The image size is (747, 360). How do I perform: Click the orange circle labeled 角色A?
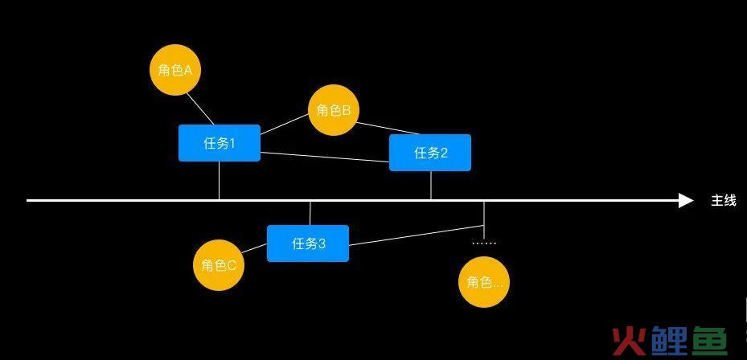175,70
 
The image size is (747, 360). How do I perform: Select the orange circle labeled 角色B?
334,110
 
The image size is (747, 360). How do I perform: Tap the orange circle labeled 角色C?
219,265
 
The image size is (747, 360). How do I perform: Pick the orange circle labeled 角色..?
484,282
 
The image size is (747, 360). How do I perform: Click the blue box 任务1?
220,143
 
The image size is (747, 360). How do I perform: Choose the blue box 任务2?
430,153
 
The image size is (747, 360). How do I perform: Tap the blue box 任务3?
308,243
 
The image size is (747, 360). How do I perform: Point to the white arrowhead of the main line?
686,200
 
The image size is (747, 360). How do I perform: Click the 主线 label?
724,201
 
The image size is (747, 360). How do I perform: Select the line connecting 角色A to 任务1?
200,108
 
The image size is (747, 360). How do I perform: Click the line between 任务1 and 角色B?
285,125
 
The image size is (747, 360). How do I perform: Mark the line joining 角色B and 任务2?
388,128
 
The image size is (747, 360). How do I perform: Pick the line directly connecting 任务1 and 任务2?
325,157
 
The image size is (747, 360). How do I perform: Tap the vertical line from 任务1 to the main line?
220,181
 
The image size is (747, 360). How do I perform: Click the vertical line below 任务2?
431,186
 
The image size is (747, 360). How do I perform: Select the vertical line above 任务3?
310,213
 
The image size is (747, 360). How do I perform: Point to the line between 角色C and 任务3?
254,248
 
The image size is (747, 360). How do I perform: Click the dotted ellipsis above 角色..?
484,243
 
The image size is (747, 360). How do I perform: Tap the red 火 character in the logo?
629,340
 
